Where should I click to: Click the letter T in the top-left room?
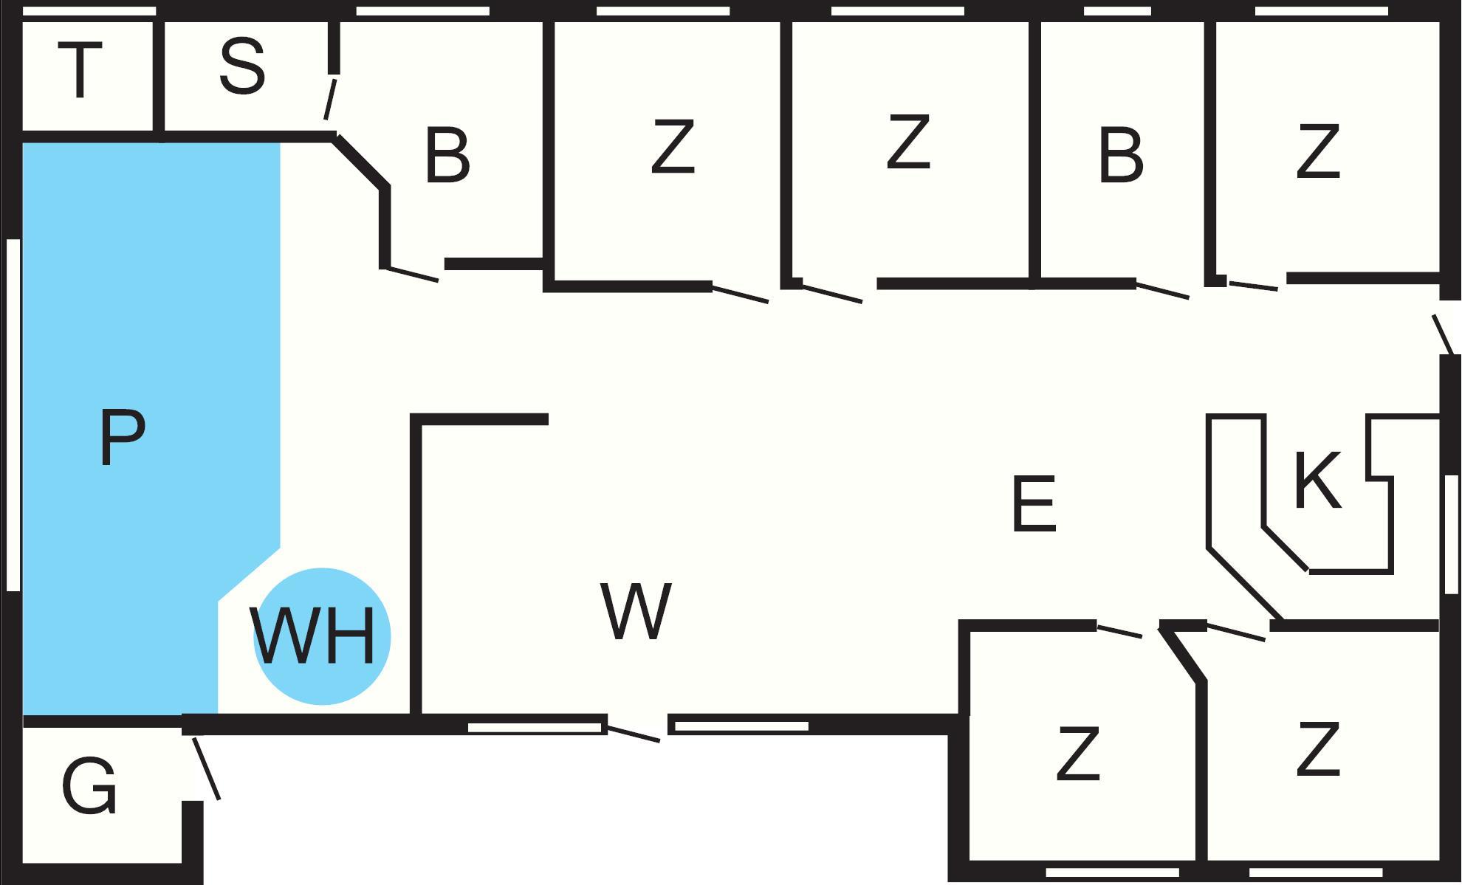[x=80, y=70]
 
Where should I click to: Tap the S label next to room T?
[x=242, y=69]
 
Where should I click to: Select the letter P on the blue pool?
[x=122, y=438]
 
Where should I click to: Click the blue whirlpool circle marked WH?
[x=322, y=636]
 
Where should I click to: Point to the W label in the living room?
[x=636, y=611]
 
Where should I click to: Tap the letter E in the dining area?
[x=1034, y=505]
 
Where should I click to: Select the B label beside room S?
[x=447, y=156]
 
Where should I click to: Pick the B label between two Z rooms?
[x=1121, y=156]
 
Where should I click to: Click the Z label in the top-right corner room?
[x=1318, y=151]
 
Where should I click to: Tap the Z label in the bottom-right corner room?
[x=1318, y=750]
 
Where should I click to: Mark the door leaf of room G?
[x=206, y=768]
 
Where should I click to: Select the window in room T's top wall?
[x=90, y=11]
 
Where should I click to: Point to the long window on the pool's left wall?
[x=13, y=415]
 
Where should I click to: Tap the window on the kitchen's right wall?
[x=1451, y=534]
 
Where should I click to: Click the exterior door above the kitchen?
[x=1444, y=334]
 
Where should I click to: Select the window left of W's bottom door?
[x=535, y=728]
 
